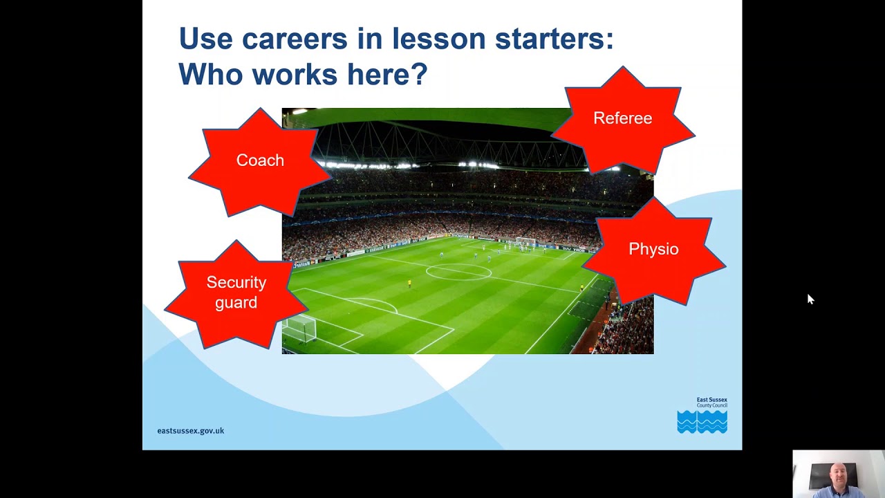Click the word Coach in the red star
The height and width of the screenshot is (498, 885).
(260, 160)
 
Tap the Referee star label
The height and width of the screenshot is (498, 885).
(622, 118)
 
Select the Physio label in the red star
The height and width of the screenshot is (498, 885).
(653, 249)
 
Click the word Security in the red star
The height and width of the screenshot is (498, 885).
(236, 282)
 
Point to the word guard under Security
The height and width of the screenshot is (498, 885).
(236, 302)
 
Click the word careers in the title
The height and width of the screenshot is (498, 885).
(295, 39)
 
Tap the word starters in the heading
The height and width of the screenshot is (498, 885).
(554, 39)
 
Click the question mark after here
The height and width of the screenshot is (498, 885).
(420, 74)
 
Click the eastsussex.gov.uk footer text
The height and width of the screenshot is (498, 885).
(190, 430)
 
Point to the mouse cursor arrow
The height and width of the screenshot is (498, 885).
(810, 298)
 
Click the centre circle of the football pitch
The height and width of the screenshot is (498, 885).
(458, 272)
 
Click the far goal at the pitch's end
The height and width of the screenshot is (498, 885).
(525, 241)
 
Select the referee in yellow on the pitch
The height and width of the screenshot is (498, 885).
(409, 283)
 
